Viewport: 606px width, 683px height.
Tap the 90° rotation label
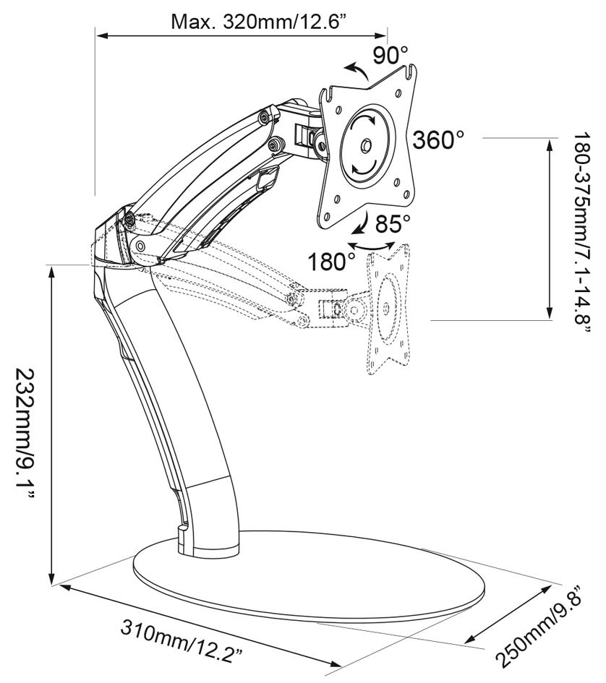coord(390,56)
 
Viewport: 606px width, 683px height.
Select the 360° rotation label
coord(438,139)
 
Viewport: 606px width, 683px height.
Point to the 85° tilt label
coord(393,224)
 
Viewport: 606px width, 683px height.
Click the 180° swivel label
coord(332,262)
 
